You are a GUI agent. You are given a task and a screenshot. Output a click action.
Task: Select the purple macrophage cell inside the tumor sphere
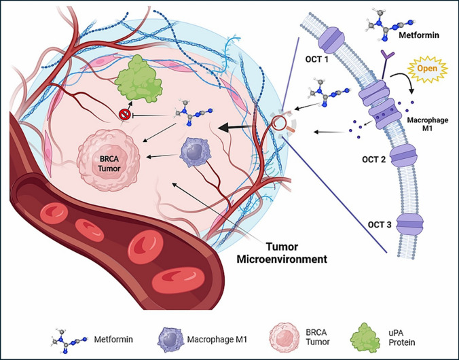(194, 152)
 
